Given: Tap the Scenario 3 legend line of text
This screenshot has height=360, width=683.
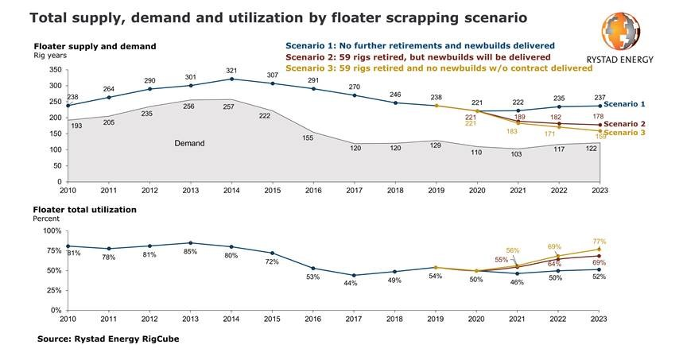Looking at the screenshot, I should (438, 68).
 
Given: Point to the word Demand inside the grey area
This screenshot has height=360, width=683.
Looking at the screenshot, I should (190, 144).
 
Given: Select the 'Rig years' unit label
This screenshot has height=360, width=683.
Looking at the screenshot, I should (49, 56).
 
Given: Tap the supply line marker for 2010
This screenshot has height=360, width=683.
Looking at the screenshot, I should (68, 106).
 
